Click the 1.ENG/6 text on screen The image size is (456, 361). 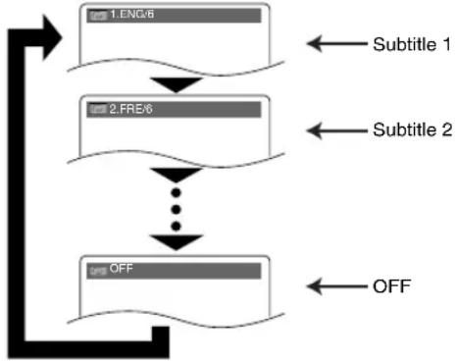(x=131, y=14)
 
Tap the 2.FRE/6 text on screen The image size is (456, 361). (x=130, y=109)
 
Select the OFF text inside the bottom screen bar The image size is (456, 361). (x=122, y=269)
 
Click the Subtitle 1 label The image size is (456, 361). (x=412, y=44)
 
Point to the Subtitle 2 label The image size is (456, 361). (x=413, y=129)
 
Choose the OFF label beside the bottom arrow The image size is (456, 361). (x=392, y=286)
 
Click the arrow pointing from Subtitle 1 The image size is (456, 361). (x=337, y=43)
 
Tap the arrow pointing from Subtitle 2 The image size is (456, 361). (x=337, y=130)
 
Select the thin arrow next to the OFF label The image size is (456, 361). (x=337, y=286)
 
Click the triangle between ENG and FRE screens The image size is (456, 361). (x=177, y=84)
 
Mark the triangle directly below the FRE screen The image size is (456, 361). (x=177, y=175)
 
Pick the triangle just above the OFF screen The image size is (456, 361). (x=177, y=241)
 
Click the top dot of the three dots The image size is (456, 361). (x=177, y=192)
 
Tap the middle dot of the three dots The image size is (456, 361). (x=177, y=209)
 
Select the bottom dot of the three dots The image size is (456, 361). (x=177, y=226)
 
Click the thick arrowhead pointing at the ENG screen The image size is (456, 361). (x=52, y=37)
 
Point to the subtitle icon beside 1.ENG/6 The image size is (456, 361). (x=98, y=16)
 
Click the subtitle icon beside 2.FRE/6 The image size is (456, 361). (x=98, y=110)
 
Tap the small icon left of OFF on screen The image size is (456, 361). (x=98, y=271)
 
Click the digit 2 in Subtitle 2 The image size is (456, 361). (x=447, y=129)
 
